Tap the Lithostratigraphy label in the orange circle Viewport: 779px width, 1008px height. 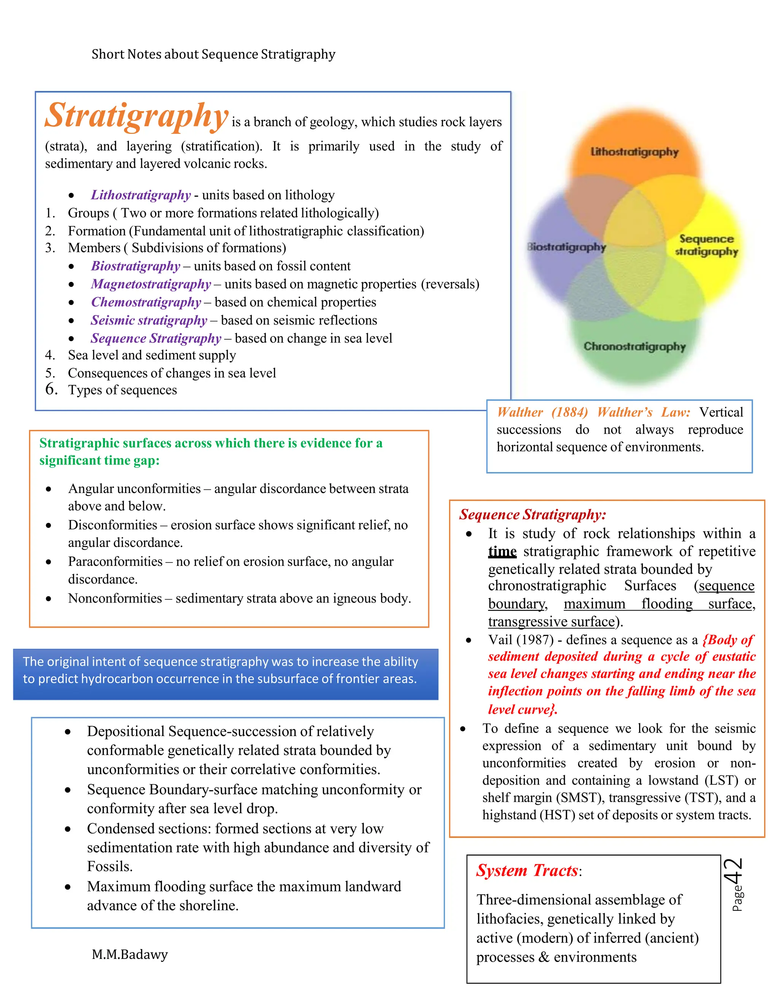pyautogui.click(x=634, y=152)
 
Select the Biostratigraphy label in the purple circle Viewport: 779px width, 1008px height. pyautogui.click(x=567, y=247)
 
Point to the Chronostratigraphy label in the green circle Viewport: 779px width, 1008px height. pyautogui.click(x=634, y=346)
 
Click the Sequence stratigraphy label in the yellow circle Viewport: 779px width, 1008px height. pyautogui.click(x=707, y=245)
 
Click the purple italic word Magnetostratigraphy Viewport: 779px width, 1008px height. pyautogui.click(x=151, y=284)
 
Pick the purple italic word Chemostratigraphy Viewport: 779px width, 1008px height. pyautogui.click(x=146, y=302)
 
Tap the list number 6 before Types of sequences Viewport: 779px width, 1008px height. pyautogui.click(x=51, y=389)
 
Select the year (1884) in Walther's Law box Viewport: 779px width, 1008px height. pyautogui.click(x=569, y=412)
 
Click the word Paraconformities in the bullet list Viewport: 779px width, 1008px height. pyautogui.click(x=115, y=562)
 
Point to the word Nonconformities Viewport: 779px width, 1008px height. pyautogui.click(x=115, y=598)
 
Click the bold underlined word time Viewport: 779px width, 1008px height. pyautogui.click(x=502, y=552)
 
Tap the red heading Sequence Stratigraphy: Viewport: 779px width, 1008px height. pyautogui.click(x=533, y=515)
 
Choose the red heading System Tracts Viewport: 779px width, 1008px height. pyautogui.click(x=527, y=870)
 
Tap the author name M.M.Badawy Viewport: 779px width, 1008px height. pyautogui.click(x=130, y=954)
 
